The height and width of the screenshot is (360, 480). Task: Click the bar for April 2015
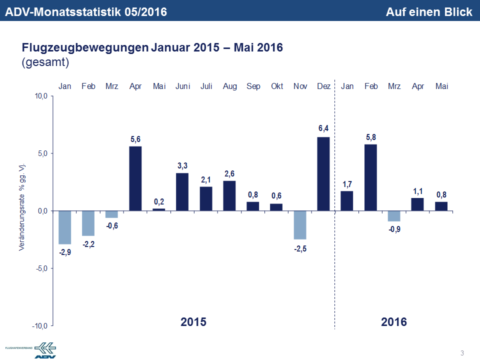[x=135, y=178]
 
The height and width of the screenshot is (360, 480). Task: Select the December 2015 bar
[x=323, y=173]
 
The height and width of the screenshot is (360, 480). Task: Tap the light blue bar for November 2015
[x=300, y=225]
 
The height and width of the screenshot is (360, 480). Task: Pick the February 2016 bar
[x=370, y=177]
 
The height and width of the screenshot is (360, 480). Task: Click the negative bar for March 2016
[x=394, y=215]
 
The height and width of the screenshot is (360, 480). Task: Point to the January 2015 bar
[x=65, y=227]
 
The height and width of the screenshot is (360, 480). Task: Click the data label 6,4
[x=323, y=129]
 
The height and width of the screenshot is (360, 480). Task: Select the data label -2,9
[x=65, y=252]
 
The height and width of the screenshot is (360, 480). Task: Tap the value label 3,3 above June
[x=182, y=165]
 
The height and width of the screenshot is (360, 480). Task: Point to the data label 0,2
[x=158, y=201]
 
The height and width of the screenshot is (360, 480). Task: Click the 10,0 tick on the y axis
[x=40, y=96]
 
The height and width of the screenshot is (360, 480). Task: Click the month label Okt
[x=277, y=86]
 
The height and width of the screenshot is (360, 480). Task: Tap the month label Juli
[x=206, y=86]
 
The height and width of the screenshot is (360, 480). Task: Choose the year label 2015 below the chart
[x=193, y=321]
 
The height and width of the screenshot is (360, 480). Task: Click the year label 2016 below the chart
[x=394, y=321]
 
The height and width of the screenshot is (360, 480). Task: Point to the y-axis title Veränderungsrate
[x=22, y=206]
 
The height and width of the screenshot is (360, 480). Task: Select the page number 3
[x=462, y=353]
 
